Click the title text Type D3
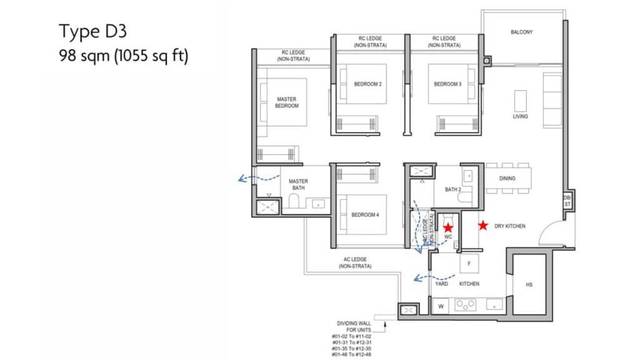pos(93,32)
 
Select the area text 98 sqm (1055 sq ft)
pos(124,56)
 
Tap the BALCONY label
pos(522,32)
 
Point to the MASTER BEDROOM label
pos(286,102)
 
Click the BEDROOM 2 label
pos(367,84)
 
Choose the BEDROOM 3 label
pos(447,84)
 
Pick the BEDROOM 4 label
pos(365,215)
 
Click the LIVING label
pos(521,116)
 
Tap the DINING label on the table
pos(507,178)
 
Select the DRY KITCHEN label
pos(510,226)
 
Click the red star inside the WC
pos(448,227)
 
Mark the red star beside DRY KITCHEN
pos(483,225)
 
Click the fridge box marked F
pos(469,264)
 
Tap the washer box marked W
pos(441,306)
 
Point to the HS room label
pos(529,285)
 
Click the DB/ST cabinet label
pos(567,201)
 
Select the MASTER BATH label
pos(298,184)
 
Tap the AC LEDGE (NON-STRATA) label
pos(355,263)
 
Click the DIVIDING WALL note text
pos(354,326)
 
